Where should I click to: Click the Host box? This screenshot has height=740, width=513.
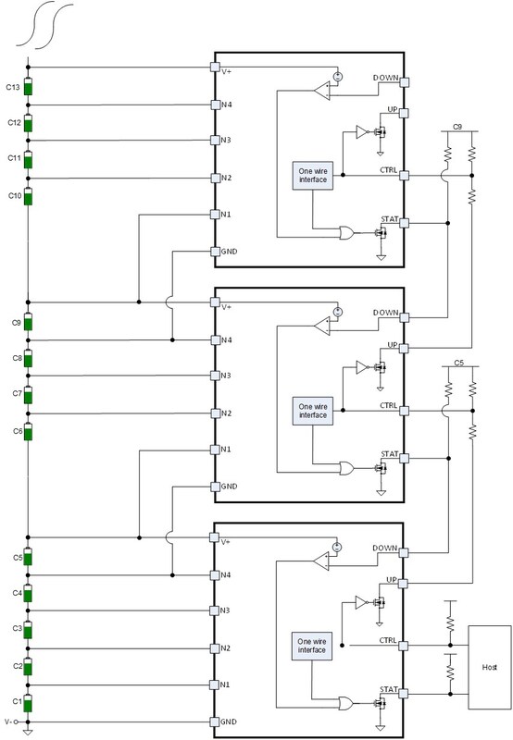point(489,667)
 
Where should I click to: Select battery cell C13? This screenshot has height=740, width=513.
point(28,87)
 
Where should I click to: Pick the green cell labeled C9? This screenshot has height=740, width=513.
point(28,322)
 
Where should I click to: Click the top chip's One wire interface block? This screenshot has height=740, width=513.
point(313,176)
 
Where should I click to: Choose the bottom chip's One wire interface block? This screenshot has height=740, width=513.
point(312,646)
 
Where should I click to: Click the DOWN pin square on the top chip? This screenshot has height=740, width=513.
point(404,82)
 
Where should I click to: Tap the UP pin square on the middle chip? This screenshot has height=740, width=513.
point(404,349)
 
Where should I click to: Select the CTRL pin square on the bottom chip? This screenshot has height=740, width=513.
point(403,646)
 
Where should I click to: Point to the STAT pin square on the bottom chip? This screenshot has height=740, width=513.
point(403,694)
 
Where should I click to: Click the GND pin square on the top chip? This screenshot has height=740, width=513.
point(215,252)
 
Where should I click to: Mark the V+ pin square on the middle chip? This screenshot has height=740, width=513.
point(215,302)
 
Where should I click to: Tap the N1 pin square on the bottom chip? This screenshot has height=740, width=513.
point(215,684)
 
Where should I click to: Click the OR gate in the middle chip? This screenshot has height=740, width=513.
point(346,468)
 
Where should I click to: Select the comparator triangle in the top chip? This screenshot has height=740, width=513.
point(322,91)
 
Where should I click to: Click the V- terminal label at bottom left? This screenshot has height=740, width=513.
point(8,721)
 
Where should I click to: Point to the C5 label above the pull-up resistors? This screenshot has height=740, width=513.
point(459,363)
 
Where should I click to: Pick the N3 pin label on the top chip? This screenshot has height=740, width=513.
point(226,141)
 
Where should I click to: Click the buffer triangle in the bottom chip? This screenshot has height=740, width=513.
point(361,602)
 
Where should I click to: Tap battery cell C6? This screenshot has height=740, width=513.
point(28,431)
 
